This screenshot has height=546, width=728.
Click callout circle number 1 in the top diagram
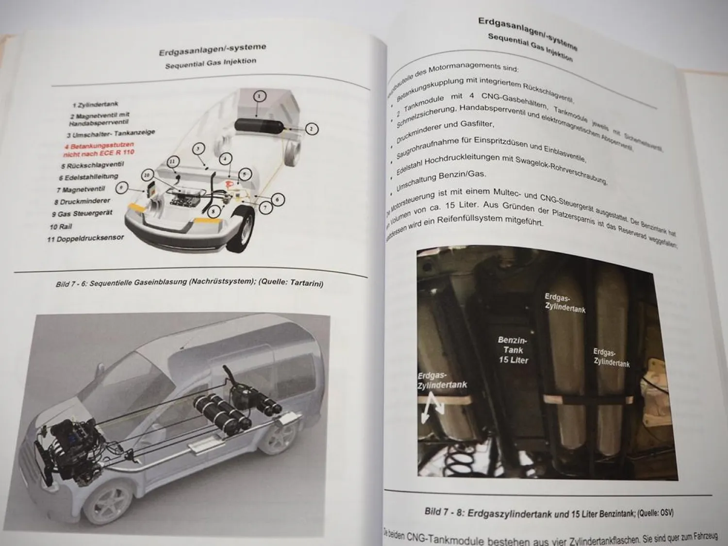pos(259,96)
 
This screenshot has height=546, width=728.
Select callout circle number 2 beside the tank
pos(311,129)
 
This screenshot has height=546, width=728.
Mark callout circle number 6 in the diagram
pos(277,199)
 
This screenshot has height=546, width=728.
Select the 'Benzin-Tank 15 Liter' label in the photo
pos(513,350)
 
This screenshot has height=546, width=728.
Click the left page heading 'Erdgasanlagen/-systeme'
pos(212,49)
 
